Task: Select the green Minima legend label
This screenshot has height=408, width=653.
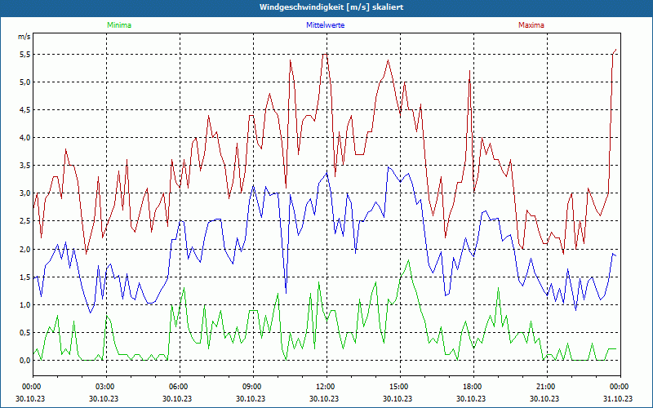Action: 118,25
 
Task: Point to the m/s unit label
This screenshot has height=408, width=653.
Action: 24,38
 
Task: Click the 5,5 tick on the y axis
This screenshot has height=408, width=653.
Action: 24,54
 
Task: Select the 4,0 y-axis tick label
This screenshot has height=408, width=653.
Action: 24,137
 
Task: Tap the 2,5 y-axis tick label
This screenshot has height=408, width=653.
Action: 24,221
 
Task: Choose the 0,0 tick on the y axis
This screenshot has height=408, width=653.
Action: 24,360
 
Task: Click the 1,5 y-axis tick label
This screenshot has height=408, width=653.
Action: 24,277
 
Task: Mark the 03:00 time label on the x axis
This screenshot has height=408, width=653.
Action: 105,387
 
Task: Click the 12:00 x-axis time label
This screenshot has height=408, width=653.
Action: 326,387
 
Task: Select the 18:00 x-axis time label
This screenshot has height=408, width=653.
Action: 473,387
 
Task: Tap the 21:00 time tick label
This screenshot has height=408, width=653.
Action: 546,387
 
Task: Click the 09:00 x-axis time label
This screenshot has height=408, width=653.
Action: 252,387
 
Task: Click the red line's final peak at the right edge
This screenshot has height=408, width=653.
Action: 616,50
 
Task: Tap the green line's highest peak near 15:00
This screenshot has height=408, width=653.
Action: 407,260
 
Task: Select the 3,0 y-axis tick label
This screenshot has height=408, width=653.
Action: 24,193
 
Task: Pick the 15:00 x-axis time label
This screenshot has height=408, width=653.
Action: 399,387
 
